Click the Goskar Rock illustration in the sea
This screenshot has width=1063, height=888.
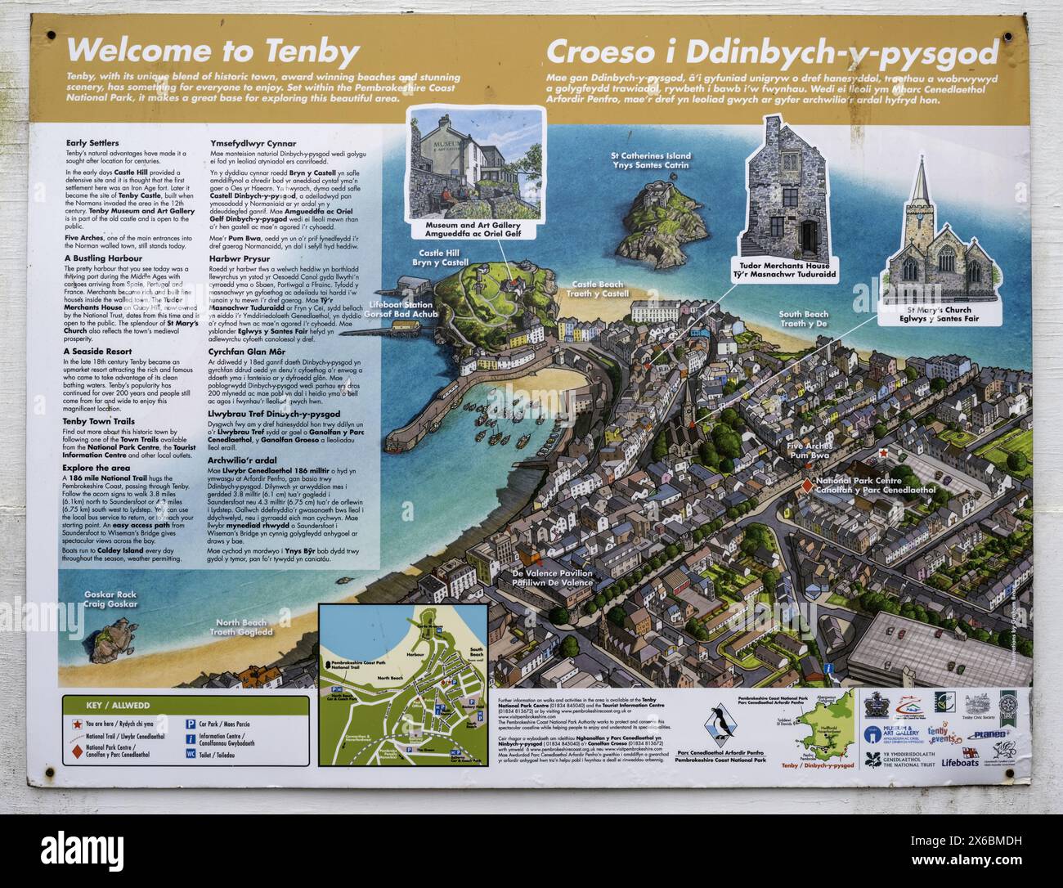(110, 634)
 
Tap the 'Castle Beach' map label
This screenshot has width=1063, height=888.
(599, 289)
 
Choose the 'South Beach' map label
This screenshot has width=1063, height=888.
(803, 319)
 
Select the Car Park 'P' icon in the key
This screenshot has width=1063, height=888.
(190, 724)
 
